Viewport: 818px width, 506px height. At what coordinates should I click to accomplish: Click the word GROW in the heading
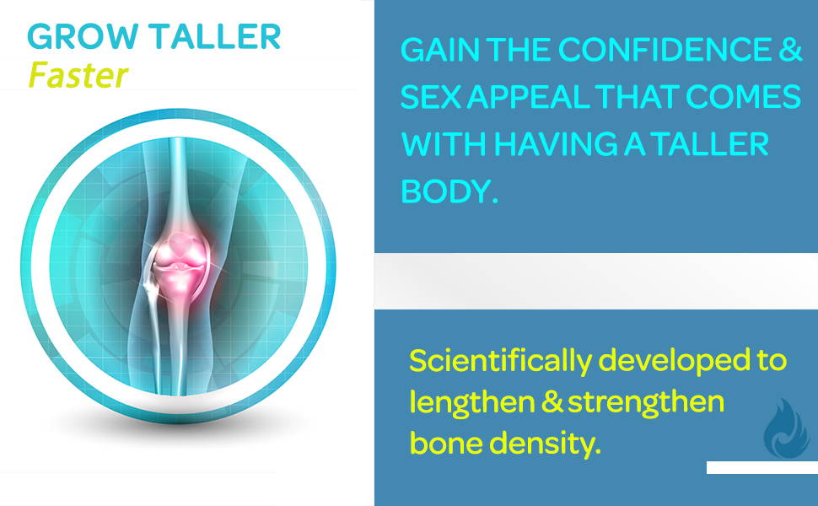click(83, 36)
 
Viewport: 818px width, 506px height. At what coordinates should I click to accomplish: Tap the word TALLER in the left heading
click(215, 36)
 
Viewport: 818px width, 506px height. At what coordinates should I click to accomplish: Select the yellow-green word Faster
click(78, 74)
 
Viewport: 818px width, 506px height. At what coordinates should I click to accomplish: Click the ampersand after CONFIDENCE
click(791, 49)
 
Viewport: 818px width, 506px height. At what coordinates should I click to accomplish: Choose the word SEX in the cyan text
click(430, 96)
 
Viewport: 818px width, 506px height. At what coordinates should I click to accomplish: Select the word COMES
click(743, 96)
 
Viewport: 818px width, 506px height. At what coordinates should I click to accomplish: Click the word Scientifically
click(501, 361)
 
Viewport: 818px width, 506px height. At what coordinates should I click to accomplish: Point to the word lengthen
click(472, 402)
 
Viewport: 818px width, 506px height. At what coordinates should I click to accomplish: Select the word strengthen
click(646, 402)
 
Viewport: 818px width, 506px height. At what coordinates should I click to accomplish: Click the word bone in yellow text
click(445, 444)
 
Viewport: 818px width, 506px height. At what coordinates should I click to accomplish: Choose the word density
click(545, 444)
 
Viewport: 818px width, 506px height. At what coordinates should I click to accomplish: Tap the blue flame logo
click(786, 428)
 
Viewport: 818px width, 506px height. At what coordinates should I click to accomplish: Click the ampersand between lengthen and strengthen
click(552, 402)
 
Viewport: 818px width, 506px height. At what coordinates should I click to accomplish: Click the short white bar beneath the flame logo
click(762, 467)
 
